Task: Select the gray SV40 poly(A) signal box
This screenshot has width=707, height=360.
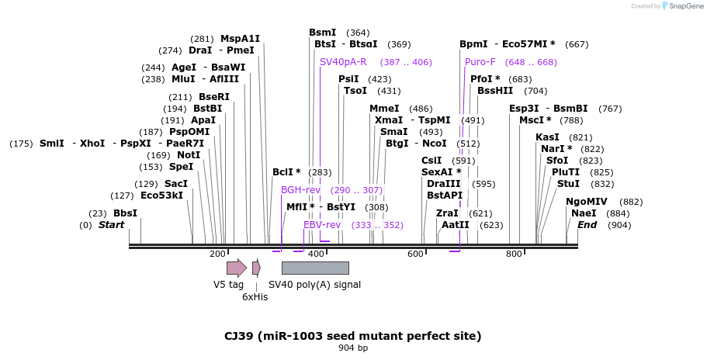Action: pyautogui.click(x=315, y=268)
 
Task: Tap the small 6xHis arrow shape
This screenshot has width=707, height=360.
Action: pyautogui.click(x=256, y=268)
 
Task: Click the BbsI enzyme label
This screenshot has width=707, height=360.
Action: pyautogui.click(x=125, y=213)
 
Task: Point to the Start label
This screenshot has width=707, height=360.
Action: pyautogui.click(x=111, y=225)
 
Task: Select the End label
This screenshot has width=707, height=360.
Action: pyautogui.click(x=587, y=225)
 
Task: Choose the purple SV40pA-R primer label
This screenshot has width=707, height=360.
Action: pyautogui.click(x=343, y=62)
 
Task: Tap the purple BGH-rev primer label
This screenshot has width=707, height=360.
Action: pyautogui.click(x=300, y=190)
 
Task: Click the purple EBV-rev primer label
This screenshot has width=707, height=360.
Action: pyautogui.click(x=322, y=225)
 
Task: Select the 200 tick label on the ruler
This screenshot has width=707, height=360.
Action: pyautogui.click(x=218, y=254)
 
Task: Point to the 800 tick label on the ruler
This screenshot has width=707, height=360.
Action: pyautogui.click(x=514, y=254)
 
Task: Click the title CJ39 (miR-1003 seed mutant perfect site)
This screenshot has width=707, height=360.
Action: pyautogui.click(x=353, y=336)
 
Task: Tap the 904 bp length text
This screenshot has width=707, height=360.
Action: pyautogui.click(x=353, y=348)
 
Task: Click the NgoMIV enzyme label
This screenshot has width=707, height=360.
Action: pyautogui.click(x=587, y=202)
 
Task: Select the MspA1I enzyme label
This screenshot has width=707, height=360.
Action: pyautogui.click(x=240, y=39)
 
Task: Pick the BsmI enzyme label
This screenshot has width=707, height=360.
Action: pyautogui.click(x=322, y=33)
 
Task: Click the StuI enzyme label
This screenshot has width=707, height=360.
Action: pyautogui.click(x=568, y=184)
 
